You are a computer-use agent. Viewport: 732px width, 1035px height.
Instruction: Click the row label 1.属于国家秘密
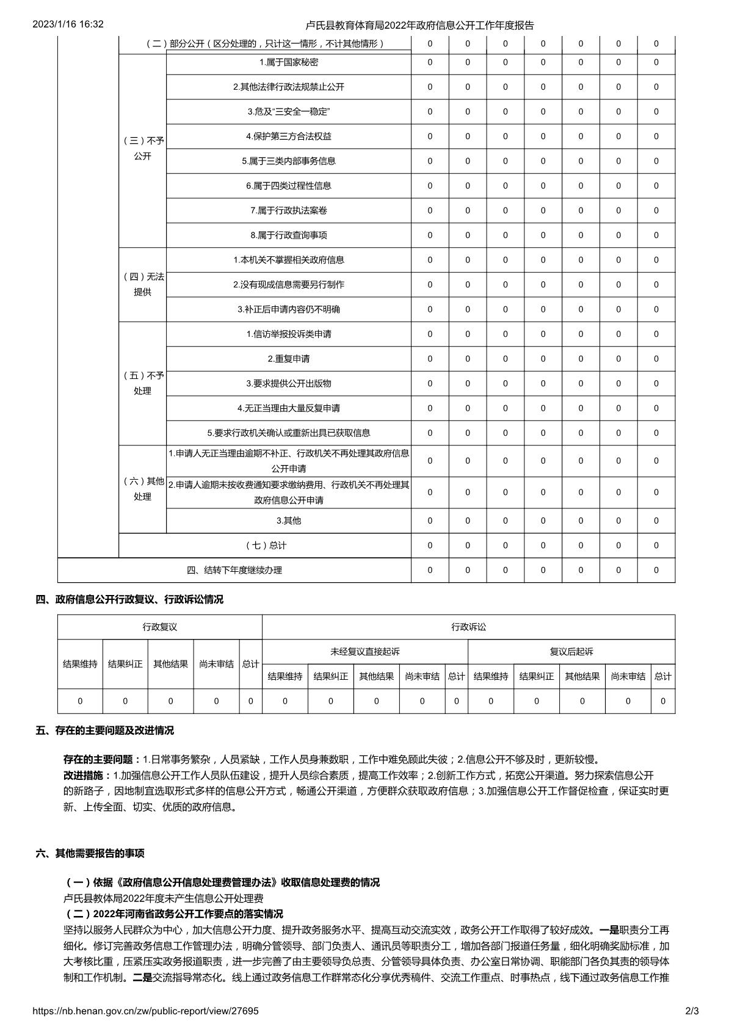point(289,62)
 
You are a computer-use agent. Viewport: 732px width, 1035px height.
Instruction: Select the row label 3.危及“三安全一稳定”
point(289,112)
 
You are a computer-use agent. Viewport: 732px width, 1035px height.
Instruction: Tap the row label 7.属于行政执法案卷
point(289,211)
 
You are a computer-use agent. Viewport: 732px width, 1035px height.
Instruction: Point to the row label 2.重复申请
point(289,359)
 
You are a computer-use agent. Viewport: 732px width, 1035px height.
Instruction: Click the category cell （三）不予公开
point(142,148)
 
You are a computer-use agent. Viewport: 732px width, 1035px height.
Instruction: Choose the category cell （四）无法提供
point(142,284)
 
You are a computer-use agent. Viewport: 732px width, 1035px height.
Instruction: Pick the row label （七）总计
point(266,546)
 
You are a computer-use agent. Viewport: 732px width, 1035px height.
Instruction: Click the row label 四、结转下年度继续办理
point(234,570)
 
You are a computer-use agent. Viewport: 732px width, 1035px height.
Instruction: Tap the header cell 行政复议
point(160,627)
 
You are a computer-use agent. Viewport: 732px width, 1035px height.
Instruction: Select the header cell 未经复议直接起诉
point(365,652)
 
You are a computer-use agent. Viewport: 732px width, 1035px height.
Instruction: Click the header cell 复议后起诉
point(571,652)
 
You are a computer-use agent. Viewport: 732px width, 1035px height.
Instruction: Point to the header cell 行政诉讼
point(469,627)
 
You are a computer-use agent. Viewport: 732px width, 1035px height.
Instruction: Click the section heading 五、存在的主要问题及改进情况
point(105,730)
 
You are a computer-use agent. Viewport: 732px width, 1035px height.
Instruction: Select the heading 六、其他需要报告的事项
point(90,853)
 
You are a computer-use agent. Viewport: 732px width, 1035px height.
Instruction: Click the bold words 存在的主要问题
point(98,760)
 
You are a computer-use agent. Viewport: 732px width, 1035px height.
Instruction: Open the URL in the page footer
point(145,1011)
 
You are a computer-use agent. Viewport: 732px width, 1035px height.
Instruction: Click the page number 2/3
point(692,1011)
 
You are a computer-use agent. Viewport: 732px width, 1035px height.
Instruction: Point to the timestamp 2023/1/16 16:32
point(68,24)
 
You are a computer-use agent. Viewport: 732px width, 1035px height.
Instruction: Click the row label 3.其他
point(289,521)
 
